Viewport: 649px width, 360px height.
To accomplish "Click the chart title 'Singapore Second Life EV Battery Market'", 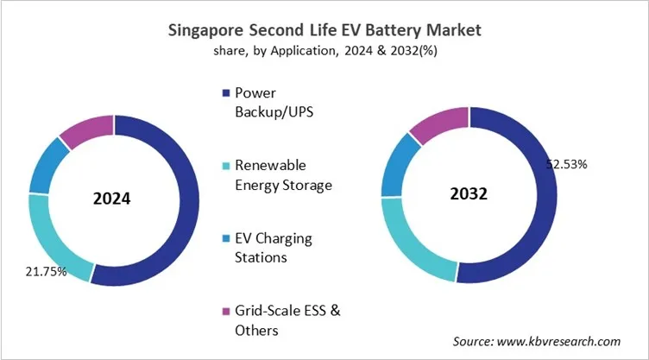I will [324, 29].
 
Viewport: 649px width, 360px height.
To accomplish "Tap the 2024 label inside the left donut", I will [111, 199].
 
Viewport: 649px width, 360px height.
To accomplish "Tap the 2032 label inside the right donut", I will [470, 194].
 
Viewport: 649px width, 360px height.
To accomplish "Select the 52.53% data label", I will [567, 163].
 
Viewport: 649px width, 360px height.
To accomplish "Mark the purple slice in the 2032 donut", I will [438, 123].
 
